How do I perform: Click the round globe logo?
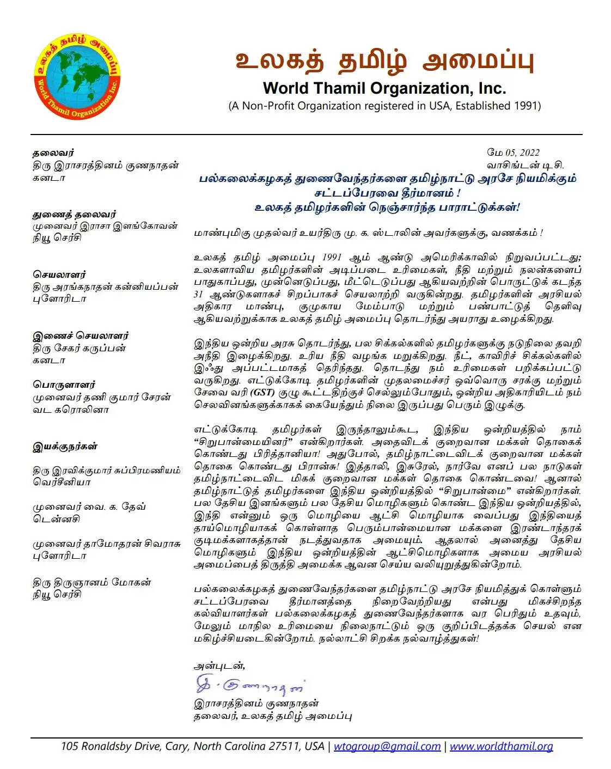(77, 78)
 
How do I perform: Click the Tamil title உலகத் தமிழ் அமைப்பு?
(384, 61)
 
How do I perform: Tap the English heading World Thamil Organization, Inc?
(384, 88)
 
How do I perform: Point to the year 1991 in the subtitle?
(527, 106)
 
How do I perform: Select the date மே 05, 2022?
(513, 152)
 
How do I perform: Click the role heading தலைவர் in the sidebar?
(53, 153)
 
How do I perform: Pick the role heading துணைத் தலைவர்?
(74, 214)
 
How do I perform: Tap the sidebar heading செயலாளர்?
(59, 274)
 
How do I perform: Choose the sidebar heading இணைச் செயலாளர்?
(81, 336)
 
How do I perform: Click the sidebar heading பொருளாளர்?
(64, 384)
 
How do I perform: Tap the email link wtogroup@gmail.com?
(387, 747)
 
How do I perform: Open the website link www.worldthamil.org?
(501, 747)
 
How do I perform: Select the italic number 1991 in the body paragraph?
(332, 258)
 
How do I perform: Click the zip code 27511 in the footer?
(284, 747)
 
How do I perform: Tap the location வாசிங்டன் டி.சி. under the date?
(525, 165)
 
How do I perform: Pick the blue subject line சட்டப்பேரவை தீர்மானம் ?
(387, 193)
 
